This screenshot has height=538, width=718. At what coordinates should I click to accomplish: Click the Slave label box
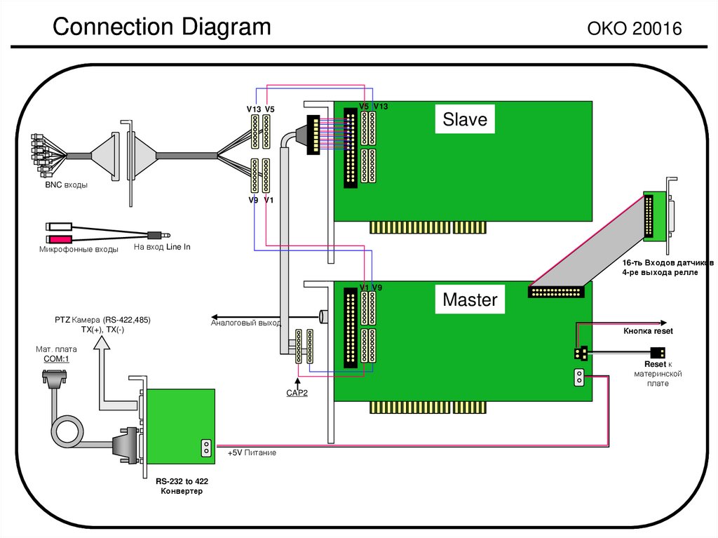pos(464,119)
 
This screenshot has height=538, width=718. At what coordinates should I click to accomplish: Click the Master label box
pos(470,300)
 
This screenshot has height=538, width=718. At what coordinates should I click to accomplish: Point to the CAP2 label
pos(297,393)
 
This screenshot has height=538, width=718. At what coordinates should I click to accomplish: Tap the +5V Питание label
pos(252,453)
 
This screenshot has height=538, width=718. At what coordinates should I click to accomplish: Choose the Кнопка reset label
pos(648,330)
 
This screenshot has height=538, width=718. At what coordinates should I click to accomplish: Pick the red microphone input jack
pos(56,240)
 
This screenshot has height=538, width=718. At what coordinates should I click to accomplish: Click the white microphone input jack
pos(56,227)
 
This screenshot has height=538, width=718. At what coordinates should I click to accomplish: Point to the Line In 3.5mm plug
pos(159,234)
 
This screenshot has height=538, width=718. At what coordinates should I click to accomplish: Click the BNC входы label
pos(66,185)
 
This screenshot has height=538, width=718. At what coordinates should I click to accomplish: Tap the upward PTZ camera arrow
pos(102,342)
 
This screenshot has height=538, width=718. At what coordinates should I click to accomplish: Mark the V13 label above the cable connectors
pos(253,109)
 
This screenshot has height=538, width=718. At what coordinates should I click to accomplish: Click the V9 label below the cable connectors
pos(253,200)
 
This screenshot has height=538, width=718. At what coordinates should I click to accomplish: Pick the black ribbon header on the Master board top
pos(556,290)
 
